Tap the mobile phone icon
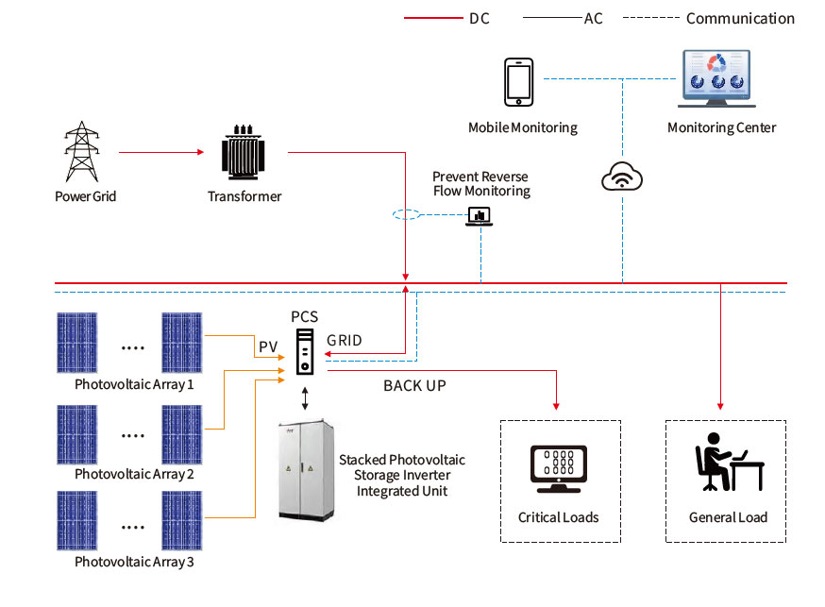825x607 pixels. click(x=518, y=83)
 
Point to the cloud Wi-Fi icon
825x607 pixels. click(x=621, y=176)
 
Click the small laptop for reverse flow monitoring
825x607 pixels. click(x=480, y=216)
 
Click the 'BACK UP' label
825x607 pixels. click(x=414, y=386)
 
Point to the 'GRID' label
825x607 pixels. click(x=344, y=341)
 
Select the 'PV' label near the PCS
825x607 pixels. click(x=268, y=347)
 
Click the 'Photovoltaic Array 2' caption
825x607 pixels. click(x=134, y=474)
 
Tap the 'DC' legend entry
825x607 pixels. click(x=479, y=18)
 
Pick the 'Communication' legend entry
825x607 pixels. click(x=740, y=18)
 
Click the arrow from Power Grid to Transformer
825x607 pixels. click(x=161, y=152)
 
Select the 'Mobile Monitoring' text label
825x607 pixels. click(x=522, y=127)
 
